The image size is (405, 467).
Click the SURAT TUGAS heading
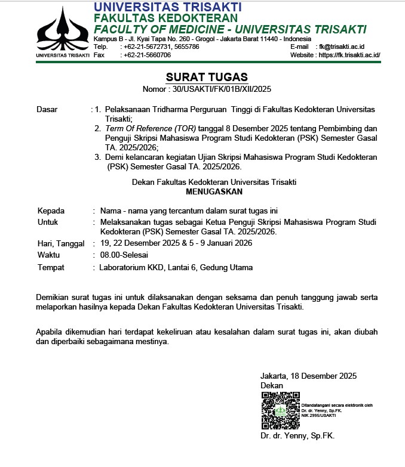tap(206, 78)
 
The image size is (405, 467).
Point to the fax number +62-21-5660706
tap(146, 55)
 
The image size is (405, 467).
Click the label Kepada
tap(51, 211)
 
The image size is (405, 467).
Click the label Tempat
tap(51, 267)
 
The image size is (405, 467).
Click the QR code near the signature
tap(280, 411)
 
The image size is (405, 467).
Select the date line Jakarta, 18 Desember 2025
tap(308, 376)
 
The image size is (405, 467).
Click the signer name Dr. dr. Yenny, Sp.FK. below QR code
tap(297, 436)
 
